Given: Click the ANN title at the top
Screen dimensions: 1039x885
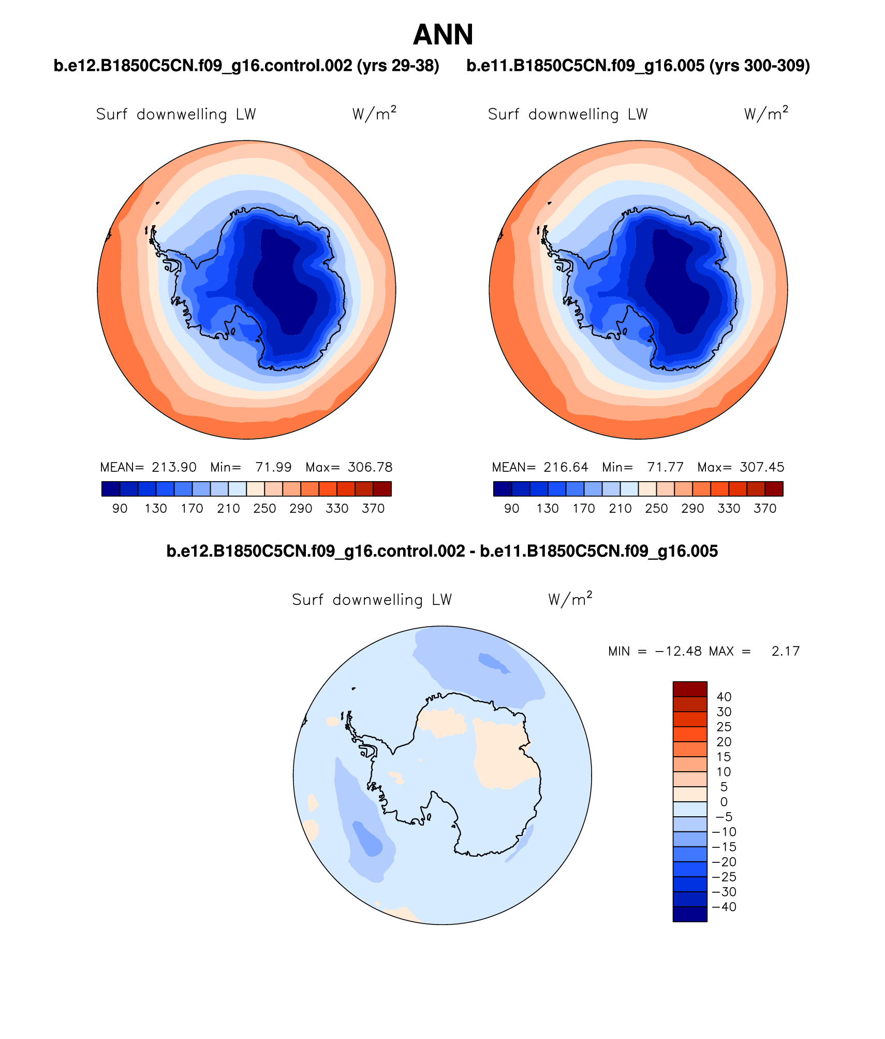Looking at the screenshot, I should [x=443, y=35].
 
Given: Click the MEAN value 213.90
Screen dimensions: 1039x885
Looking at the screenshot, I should [x=174, y=467].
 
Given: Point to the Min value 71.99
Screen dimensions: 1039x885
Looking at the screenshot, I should [x=273, y=467].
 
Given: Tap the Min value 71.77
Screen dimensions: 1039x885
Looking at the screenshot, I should [x=665, y=467].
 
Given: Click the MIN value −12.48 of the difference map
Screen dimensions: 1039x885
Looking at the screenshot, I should [x=679, y=651].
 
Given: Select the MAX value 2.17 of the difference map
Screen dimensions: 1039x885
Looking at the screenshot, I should [x=785, y=651].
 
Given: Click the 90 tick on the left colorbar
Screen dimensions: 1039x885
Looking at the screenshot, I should [x=120, y=509].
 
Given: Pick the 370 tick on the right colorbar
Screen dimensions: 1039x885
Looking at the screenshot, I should [x=765, y=509].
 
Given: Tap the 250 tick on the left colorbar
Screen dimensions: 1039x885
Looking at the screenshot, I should [x=264, y=509].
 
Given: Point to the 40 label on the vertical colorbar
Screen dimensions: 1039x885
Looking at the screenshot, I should [x=724, y=697].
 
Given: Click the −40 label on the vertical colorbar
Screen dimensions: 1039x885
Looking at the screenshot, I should [x=724, y=907].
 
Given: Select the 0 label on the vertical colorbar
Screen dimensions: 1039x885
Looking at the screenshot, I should [x=724, y=802].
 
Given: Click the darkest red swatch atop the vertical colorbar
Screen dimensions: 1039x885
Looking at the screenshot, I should [x=689, y=689].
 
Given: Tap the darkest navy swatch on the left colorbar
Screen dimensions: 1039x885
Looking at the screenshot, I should [x=111, y=489].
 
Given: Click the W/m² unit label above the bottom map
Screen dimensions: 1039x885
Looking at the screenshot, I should [x=570, y=599].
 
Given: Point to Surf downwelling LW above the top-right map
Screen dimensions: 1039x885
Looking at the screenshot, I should [x=568, y=114].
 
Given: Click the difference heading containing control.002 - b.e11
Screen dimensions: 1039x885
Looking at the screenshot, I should [x=442, y=551].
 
